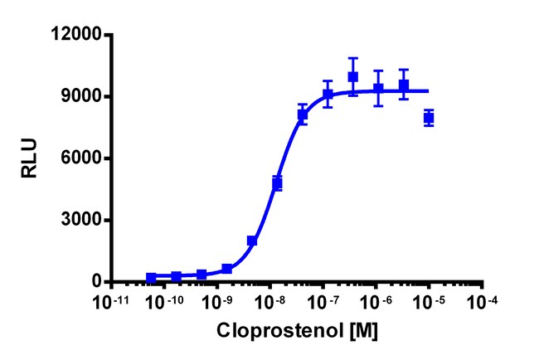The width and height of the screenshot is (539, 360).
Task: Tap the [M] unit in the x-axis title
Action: [x=365, y=331]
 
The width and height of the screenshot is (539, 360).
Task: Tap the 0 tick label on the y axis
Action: [x=95, y=282]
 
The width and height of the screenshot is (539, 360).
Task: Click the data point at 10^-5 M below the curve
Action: [x=429, y=118]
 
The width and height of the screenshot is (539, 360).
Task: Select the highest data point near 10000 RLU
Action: [x=353, y=77]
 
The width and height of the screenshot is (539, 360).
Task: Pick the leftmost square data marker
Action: [x=151, y=278]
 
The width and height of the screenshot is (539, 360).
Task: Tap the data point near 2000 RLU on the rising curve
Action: [x=252, y=241]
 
